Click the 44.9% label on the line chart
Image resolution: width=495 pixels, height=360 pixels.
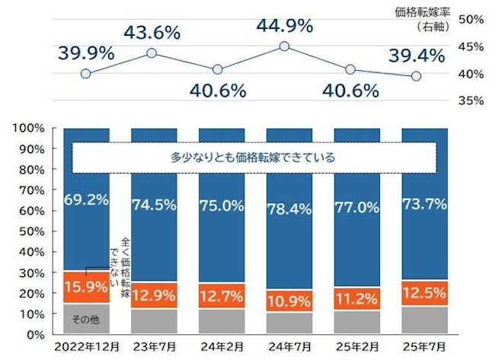[x=284, y=26]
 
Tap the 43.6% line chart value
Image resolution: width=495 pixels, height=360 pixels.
[x=152, y=33]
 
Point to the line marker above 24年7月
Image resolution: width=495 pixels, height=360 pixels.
[x=284, y=46]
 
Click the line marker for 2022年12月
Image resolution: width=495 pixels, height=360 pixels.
[x=85, y=74]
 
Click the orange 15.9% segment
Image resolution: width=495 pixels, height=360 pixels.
[x=86, y=288]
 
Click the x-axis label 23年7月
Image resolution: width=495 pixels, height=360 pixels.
[x=152, y=346]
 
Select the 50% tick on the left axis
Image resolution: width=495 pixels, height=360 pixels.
[x=32, y=231]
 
